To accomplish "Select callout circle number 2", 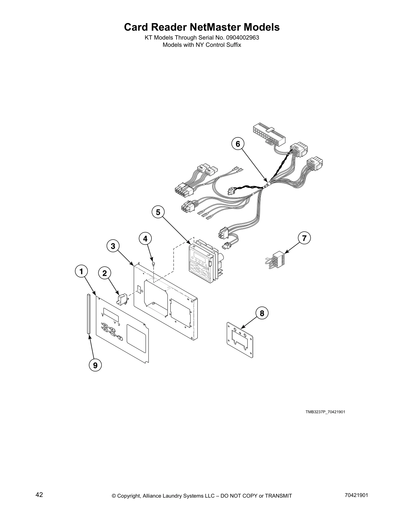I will point(104,273).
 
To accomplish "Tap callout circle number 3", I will point(113,246).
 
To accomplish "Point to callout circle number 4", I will point(145,238).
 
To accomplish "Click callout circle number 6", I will point(238,144).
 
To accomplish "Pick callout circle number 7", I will point(304,238).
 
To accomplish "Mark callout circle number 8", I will point(262,313).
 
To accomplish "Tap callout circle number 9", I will point(95,365).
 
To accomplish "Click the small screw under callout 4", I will point(153,263).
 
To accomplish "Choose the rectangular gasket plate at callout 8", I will point(240,339).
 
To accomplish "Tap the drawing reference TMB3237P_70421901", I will point(325,412).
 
